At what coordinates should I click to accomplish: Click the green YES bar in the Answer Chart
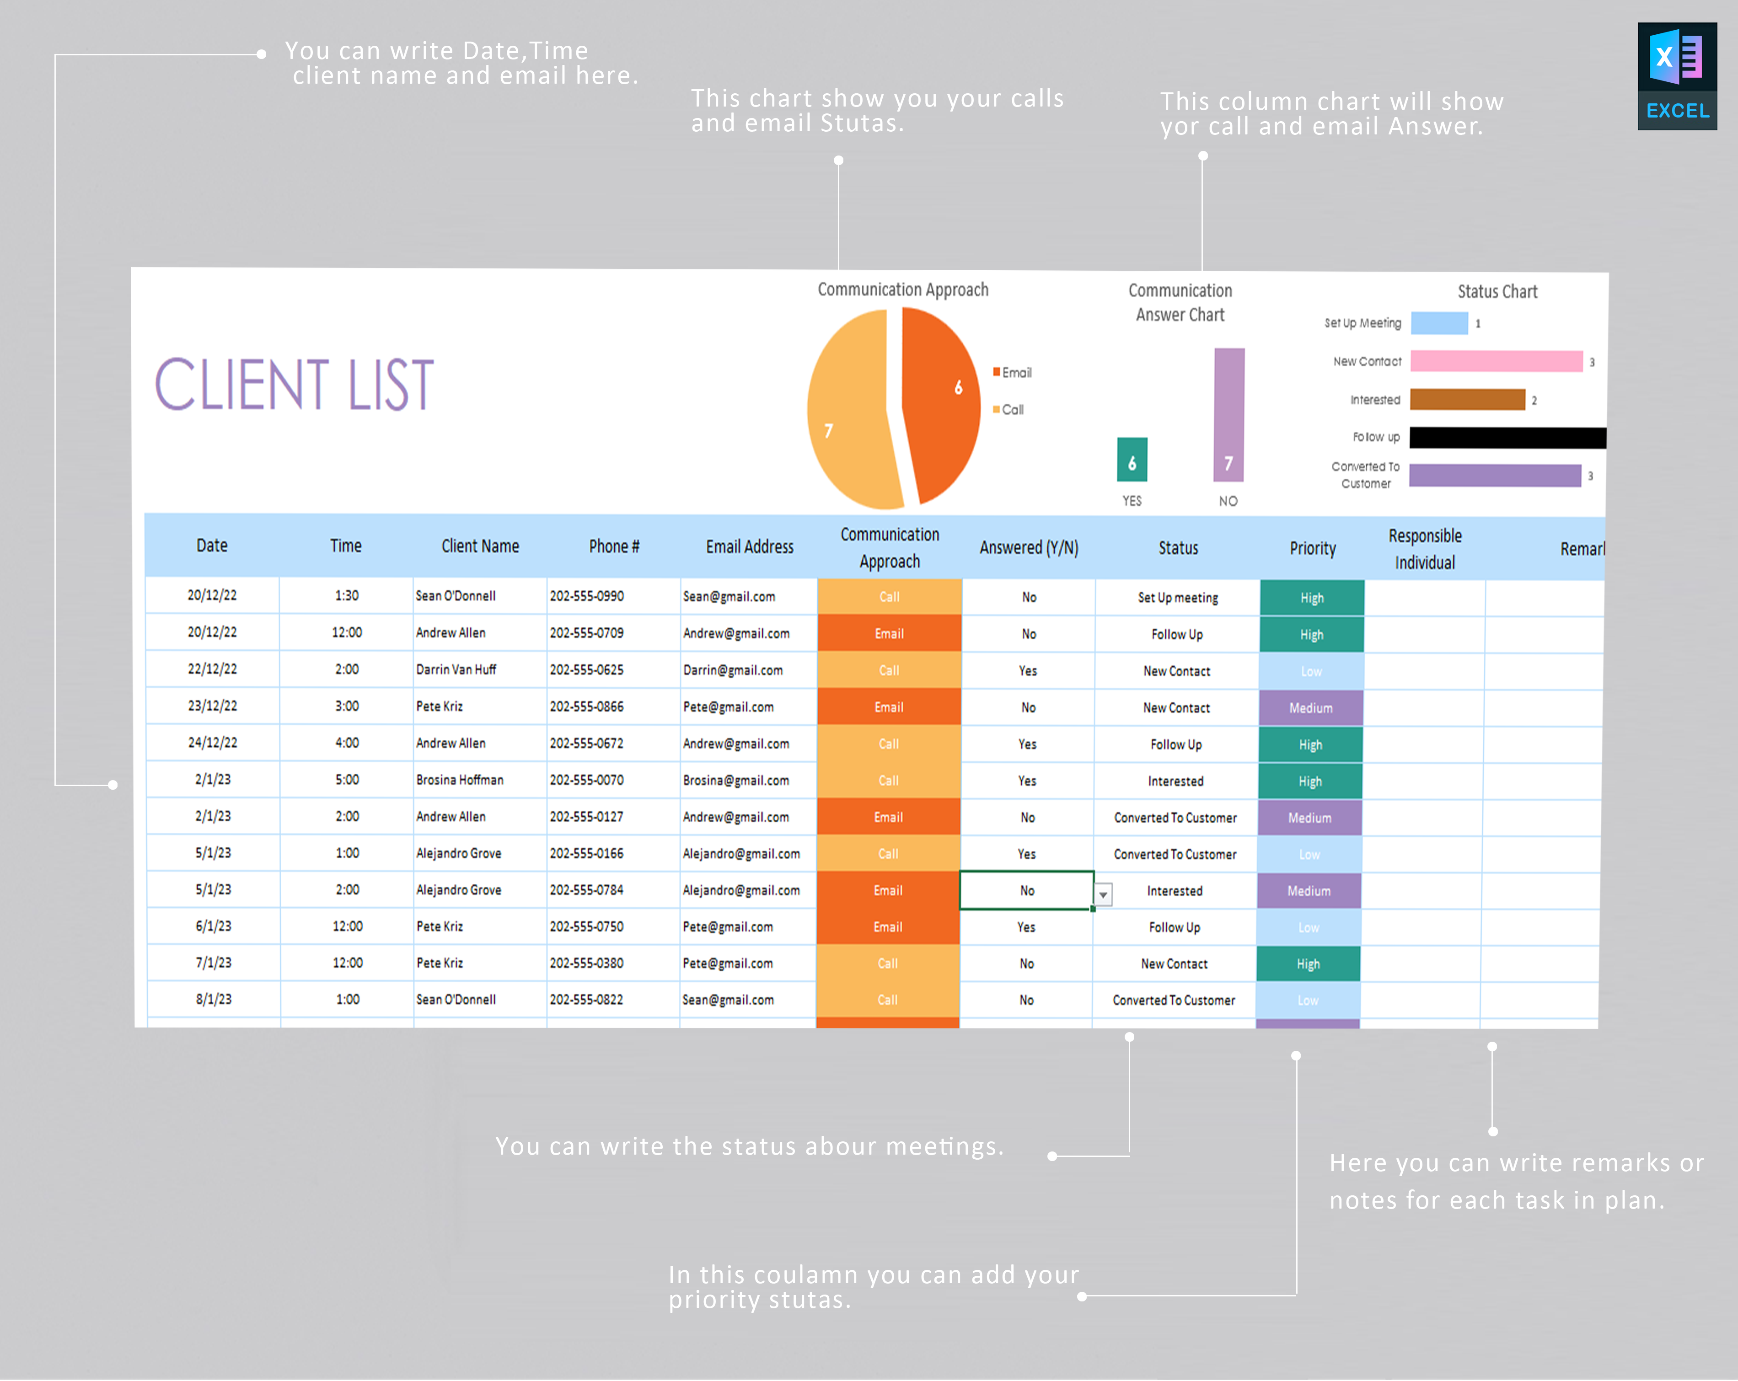(x=1132, y=460)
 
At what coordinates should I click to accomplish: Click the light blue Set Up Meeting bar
(x=1439, y=323)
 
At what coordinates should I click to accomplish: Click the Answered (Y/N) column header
(x=1029, y=548)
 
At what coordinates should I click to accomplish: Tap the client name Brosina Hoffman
(x=460, y=780)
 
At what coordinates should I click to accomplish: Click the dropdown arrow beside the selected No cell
(x=1103, y=894)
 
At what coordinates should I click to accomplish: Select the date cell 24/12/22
(x=212, y=743)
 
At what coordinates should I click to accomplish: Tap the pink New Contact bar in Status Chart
(x=1496, y=361)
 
